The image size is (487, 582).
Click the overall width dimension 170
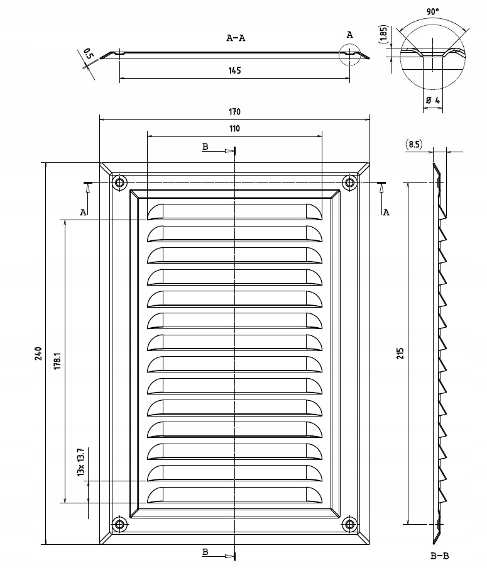234,112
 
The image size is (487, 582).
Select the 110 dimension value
234,128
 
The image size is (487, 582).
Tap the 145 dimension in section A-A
234,71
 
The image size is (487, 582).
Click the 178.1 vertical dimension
57,361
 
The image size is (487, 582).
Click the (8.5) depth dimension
414,144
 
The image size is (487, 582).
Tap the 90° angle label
432,12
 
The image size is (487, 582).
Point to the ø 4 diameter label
432,101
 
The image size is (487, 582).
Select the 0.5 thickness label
87,54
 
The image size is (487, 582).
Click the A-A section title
236,38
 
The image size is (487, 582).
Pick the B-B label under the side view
439,556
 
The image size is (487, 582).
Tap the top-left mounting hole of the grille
119,183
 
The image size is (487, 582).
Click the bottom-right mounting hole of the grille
349,523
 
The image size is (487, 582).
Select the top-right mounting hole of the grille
349,183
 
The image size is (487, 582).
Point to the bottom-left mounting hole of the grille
119,523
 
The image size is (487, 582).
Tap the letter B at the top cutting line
205,147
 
